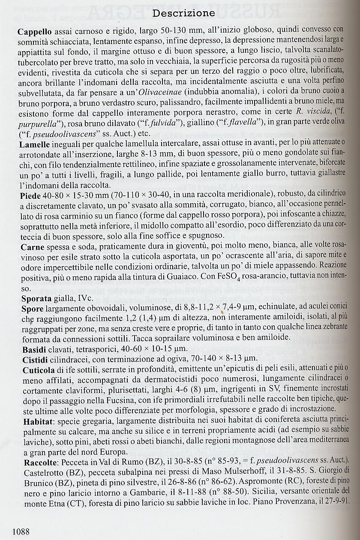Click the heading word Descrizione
click(184, 13)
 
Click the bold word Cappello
click(35, 32)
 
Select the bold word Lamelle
click(34, 144)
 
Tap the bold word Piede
click(30, 195)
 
